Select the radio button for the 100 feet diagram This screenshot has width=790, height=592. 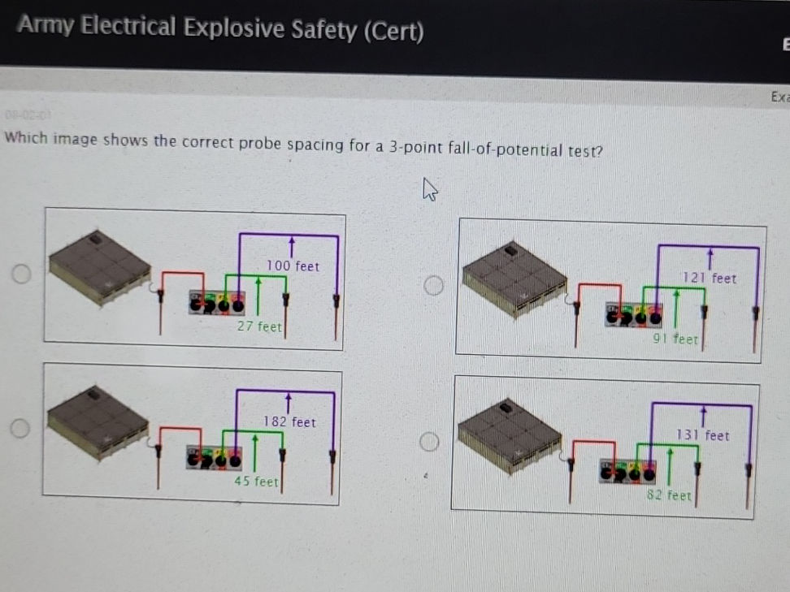pyautogui.click(x=21, y=274)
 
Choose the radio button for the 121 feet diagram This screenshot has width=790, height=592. pyautogui.click(x=434, y=285)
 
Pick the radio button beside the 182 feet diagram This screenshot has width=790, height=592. pyautogui.click(x=21, y=427)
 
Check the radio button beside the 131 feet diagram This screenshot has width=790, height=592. pyautogui.click(x=429, y=441)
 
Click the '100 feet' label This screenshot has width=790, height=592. pyautogui.click(x=293, y=266)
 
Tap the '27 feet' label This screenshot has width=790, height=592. pyautogui.click(x=259, y=326)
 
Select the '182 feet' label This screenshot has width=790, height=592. pyautogui.click(x=289, y=421)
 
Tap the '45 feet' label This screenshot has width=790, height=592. pyautogui.click(x=256, y=482)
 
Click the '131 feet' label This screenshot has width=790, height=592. pyautogui.click(x=703, y=435)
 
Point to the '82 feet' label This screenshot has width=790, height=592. pyautogui.click(x=669, y=495)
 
